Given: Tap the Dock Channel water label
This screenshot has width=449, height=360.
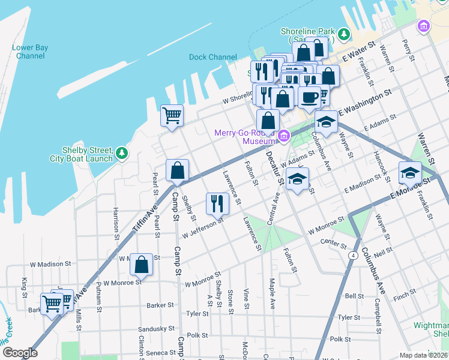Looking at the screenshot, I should pyautogui.click(x=212, y=58).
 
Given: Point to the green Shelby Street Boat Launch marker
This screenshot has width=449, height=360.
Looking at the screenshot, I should pyautogui.click(x=122, y=154).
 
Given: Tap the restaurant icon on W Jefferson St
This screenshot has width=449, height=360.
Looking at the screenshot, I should pyautogui.click(x=217, y=204).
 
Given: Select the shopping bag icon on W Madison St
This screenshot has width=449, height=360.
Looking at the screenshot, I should pyautogui.click(x=141, y=263).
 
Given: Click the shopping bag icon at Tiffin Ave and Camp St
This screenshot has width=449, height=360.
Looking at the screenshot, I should pyautogui.click(x=178, y=170).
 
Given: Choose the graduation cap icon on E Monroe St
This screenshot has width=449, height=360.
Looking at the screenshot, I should pyautogui.click(x=411, y=172).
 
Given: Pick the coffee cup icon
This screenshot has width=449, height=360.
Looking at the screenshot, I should pyautogui.click(x=310, y=97).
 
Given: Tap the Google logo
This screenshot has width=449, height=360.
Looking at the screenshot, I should pyautogui.click(x=20, y=353).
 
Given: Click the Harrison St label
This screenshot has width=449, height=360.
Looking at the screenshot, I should pyautogui.click(x=115, y=223).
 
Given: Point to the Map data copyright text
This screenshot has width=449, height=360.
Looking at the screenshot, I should pyautogui.click(x=424, y=355).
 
